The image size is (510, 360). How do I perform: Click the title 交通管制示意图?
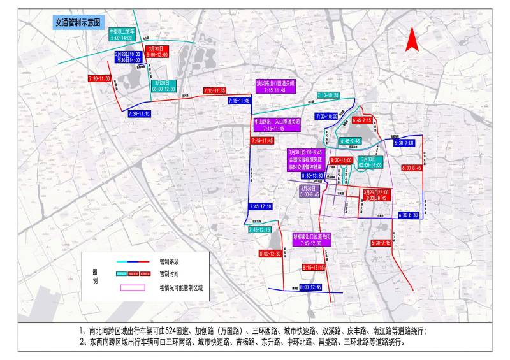76,22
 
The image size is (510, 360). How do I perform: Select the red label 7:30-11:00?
99,78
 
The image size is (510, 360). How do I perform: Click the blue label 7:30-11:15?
139,113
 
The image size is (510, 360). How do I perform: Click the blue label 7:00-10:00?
326,117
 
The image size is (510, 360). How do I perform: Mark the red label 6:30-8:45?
411,168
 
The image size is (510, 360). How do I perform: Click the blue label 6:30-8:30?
407,215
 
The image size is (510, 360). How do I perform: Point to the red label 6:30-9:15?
381,243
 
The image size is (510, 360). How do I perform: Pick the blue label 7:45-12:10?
261,206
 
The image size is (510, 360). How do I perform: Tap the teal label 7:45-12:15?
259,229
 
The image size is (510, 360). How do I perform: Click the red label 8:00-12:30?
270,254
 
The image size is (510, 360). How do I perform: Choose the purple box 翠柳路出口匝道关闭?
312,239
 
